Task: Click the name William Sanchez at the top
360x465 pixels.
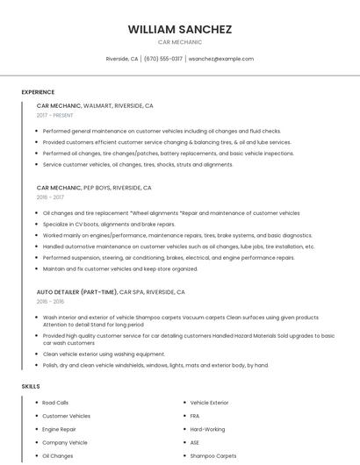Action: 180,29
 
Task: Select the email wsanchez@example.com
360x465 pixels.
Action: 220,59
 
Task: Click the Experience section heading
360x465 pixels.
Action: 38,92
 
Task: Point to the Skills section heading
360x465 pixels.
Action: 31,386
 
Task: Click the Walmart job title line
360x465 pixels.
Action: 95,105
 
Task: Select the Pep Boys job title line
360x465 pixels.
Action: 94,188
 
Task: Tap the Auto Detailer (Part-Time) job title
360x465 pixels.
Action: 111,291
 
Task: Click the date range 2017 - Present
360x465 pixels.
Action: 56,115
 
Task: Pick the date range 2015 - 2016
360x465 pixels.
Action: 50,301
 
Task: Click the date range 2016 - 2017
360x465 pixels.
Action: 50,197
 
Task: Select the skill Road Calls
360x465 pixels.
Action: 55,402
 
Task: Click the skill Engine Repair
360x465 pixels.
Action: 60,429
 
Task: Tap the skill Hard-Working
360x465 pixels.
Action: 207,429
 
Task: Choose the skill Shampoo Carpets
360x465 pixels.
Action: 213,456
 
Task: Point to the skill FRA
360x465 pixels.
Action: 195,416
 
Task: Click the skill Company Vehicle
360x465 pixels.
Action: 65,443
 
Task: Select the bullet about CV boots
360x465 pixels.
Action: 109,224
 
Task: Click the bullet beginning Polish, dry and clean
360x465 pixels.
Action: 155,365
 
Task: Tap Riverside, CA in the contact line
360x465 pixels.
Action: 122,59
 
